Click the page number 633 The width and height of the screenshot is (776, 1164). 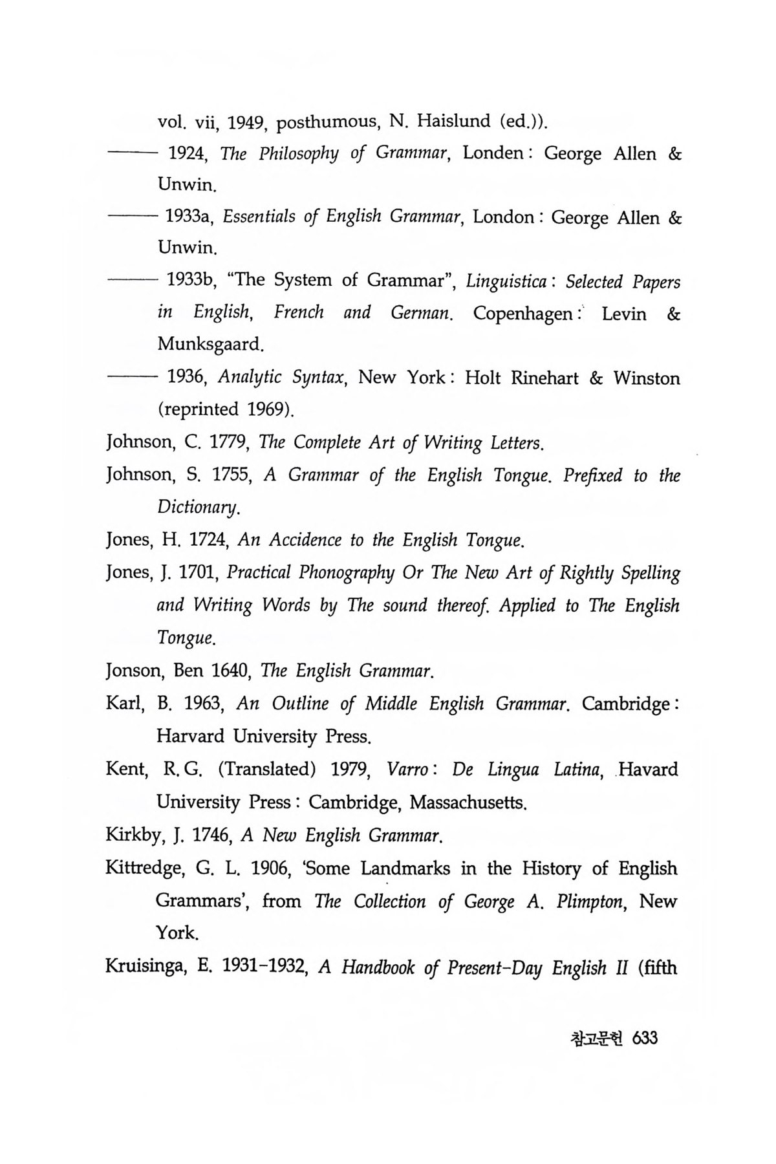pyautogui.click(x=645, y=1039)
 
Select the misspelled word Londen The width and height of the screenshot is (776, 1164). pyautogui.click(x=493, y=153)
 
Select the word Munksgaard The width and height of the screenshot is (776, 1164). pyautogui.click(x=210, y=344)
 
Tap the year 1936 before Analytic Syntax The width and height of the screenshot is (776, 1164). pyautogui.click(x=186, y=378)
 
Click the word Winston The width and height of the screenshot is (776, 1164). pyautogui.click(x=647, y=378)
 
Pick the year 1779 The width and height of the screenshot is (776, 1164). pyautogui.click(x=227, y=443)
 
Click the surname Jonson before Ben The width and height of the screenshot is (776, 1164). pyautogui.click(x=133, y=671)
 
